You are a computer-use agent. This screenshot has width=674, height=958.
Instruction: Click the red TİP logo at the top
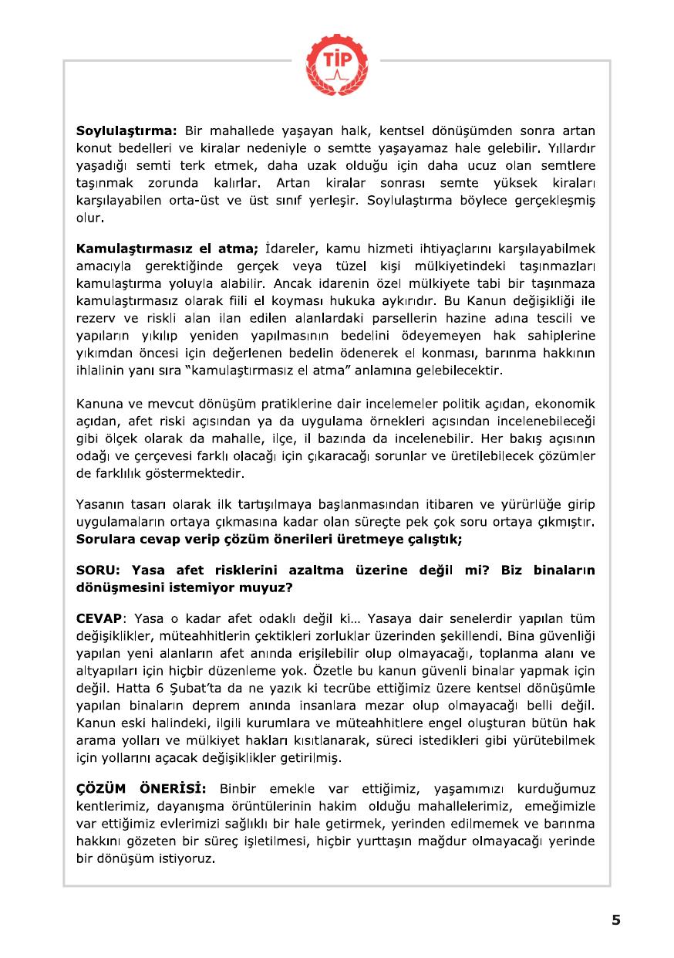336,59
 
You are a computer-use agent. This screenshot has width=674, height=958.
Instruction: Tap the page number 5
615,919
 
